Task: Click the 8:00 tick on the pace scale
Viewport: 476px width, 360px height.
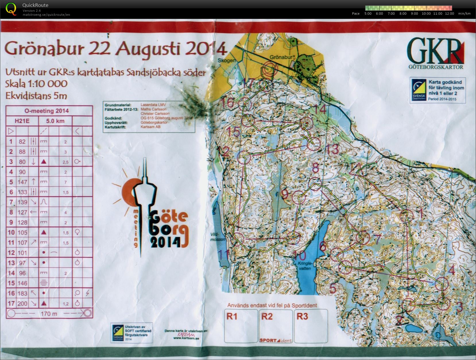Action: [x=403, y=14]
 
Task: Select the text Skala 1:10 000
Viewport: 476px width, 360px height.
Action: [x=36, y=84]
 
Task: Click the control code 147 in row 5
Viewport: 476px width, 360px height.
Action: [x=22, y=182]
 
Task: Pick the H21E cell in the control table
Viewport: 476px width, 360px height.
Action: [x=22, y=121]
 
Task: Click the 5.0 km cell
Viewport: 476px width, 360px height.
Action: [x=55, y=121]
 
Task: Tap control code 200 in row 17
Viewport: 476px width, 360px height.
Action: [x=22, y=303]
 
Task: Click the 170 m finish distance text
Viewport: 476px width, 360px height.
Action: [x=49, y=313]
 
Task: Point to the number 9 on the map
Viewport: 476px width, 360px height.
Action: [x=285, y=194]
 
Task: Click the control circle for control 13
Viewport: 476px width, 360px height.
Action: [x=314, y=144]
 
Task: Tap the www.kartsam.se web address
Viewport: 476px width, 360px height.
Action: [x=186, y=338]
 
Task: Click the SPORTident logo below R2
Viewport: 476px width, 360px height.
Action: [x=276, y=340]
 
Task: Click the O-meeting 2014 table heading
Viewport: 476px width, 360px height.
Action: [x=49, y=111]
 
